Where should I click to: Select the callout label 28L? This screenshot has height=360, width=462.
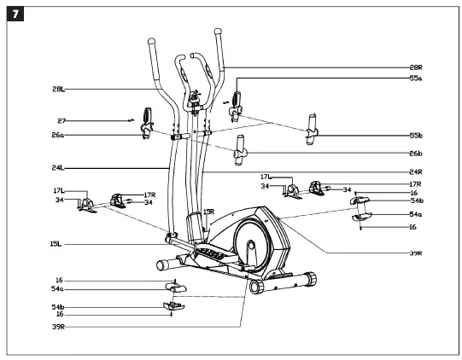tap(58, 89)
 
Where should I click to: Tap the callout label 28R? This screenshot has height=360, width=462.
tap(416, 67)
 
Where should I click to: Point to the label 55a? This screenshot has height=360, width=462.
tap(416, 78)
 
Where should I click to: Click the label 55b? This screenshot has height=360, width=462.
tap(416, 135)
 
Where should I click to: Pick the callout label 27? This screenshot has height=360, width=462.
tap(61, 121)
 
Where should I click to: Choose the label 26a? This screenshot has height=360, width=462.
tap(58, 135)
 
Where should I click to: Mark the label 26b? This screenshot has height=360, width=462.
tap(416, 154)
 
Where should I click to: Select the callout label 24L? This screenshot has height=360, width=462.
tap(58, 168)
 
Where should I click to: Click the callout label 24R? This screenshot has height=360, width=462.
tap(416, 172)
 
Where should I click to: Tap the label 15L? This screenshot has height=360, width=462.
tap(56, 244)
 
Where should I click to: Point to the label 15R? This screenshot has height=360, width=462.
tap(208, 212)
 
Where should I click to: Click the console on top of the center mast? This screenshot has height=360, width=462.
tap(194, 98)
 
